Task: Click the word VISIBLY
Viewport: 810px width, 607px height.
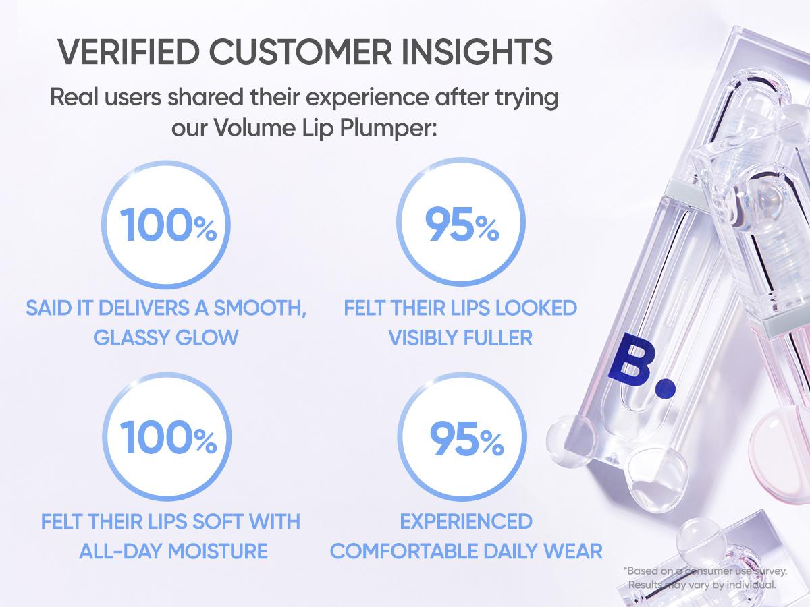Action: [420, 337]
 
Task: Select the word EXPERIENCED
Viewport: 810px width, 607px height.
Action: [466, 521]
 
